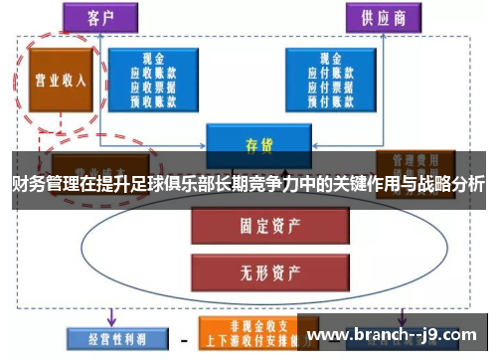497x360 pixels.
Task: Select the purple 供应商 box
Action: (383, 18)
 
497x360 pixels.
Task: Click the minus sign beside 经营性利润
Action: (184, 337)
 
